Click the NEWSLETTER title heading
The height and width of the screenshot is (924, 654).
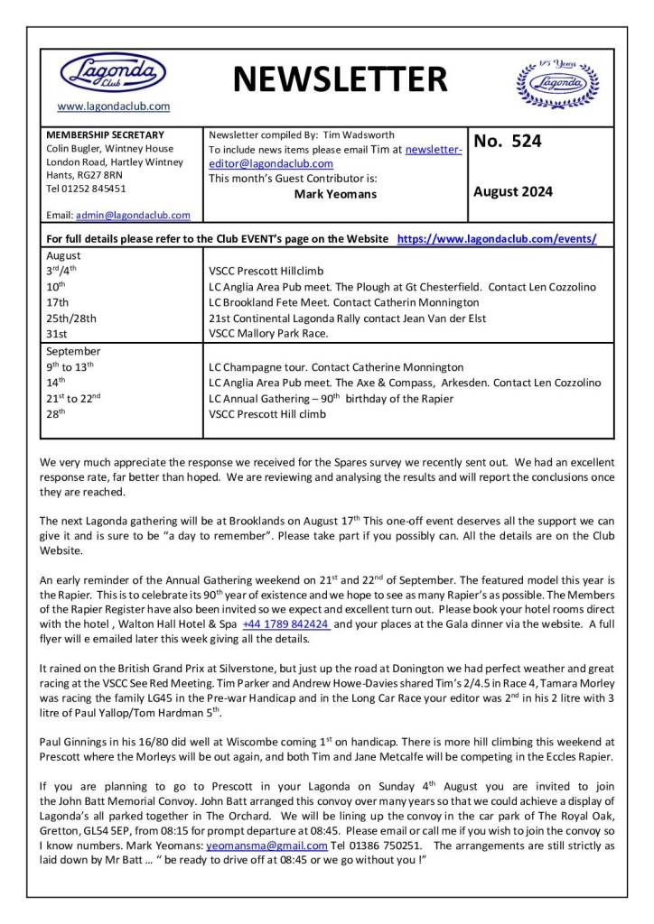[340, 80]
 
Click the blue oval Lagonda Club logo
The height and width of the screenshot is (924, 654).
[113, 72]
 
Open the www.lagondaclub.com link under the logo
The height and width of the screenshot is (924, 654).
[113, 106]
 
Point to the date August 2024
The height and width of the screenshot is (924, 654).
[513, 191]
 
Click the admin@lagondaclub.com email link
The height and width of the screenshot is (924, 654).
[133, 216]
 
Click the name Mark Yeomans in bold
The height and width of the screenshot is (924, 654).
[335, 193]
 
